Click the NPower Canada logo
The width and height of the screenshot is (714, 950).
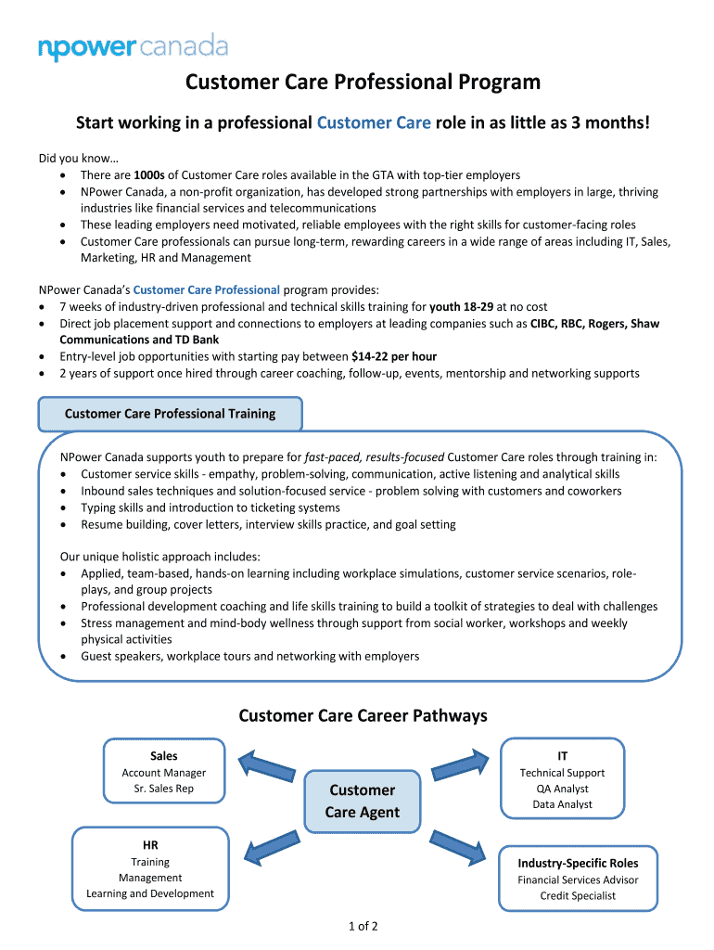click(x=133, y=46)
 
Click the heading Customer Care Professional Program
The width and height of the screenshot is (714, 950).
click(x=363, y=83)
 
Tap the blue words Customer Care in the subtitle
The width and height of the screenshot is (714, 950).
click(x=374, y=123)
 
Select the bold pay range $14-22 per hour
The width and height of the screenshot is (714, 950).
click(x=394, y=356)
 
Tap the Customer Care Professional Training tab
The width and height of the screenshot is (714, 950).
click(x=170, y=414)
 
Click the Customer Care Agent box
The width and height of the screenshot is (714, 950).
click(x=362, y=801)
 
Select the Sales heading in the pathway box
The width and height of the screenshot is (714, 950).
click(x=163, y=756)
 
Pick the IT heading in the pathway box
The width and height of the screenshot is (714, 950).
click(x=562, y=756)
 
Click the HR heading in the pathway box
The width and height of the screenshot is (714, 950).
click(x=150, y=845)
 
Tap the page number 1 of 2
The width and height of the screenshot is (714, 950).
click(x=363, y=926)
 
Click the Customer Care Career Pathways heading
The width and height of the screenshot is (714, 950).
click(x=363, y=715)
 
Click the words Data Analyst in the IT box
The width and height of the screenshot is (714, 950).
click(x=562, y=804)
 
